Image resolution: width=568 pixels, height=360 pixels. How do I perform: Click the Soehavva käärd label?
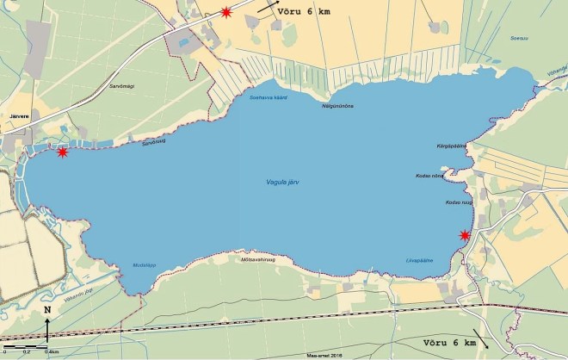267,98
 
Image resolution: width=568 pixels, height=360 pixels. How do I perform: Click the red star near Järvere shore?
62,152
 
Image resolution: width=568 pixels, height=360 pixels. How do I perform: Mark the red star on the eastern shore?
466,235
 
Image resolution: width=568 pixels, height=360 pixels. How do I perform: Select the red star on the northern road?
225,12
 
